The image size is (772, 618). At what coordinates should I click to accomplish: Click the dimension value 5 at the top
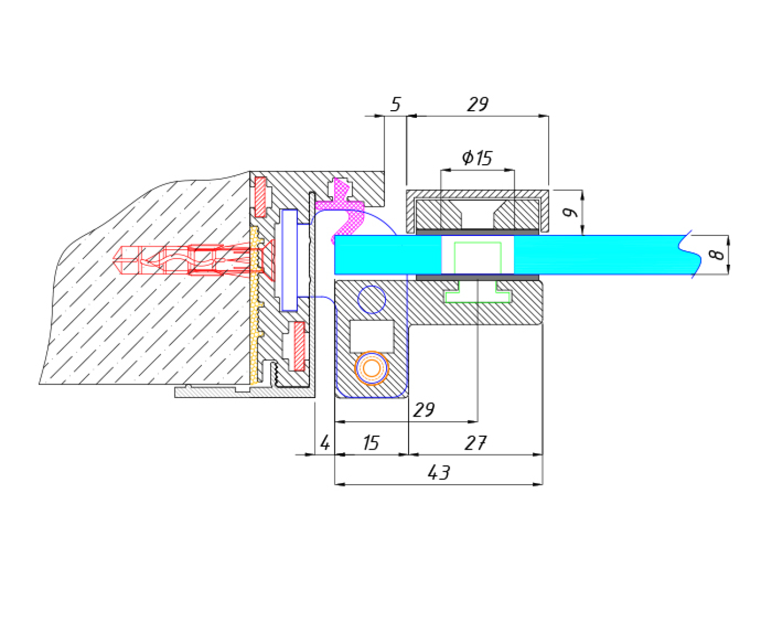395,105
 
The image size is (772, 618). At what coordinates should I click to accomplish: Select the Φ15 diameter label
477,158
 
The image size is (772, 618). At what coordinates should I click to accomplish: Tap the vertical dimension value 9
569,212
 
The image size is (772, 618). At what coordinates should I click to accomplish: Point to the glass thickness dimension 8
716,254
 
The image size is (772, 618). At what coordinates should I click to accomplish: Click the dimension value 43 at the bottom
438,473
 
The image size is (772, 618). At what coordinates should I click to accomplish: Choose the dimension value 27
476,443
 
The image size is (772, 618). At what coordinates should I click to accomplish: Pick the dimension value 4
325,443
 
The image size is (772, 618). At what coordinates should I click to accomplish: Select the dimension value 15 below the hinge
371,443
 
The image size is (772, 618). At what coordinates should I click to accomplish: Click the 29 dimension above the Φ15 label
477,105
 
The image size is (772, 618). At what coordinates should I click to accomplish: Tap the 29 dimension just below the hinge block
424,410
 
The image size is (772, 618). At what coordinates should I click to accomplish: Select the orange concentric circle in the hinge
372,368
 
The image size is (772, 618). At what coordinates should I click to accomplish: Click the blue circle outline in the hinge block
372,299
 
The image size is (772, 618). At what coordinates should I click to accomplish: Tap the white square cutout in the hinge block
372,336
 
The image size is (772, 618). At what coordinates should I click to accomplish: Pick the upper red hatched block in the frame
261,197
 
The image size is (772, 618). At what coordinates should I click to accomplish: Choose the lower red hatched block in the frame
298,346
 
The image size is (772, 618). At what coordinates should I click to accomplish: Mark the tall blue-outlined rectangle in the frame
289,260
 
